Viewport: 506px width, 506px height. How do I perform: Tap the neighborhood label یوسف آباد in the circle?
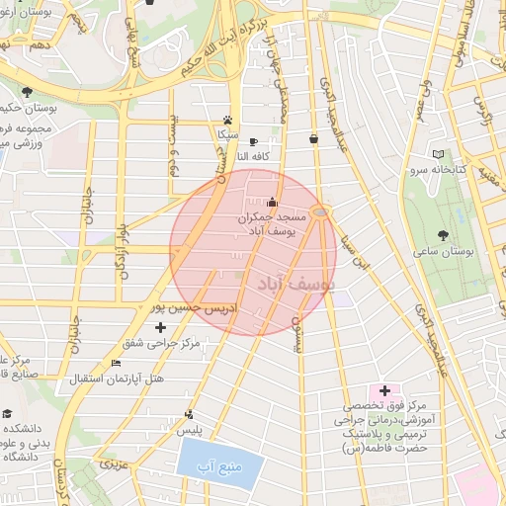pos(295,286)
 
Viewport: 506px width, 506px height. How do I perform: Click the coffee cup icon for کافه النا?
pos(253,141)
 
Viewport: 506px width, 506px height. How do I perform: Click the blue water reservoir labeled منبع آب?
pos(213,464)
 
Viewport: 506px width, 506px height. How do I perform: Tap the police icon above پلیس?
pos(188,415)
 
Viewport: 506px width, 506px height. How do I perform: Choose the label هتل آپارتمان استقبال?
pos(117,379)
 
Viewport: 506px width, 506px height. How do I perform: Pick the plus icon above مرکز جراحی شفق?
pos(161,327)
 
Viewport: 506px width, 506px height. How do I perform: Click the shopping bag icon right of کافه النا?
pos(314,139)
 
